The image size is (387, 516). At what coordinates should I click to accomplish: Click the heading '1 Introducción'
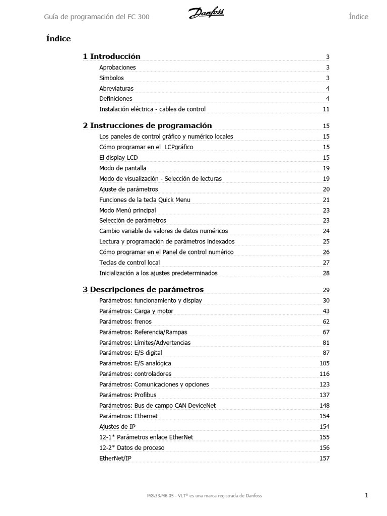111,56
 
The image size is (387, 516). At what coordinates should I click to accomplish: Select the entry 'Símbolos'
111,78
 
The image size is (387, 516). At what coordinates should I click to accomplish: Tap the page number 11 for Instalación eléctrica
326,109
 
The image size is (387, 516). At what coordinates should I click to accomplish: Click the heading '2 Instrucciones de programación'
147,125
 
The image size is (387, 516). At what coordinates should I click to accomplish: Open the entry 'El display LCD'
118,158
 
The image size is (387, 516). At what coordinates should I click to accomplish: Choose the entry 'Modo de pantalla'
122,168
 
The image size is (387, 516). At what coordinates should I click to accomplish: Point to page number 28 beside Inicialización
326,274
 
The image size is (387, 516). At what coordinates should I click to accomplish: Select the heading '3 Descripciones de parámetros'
143,290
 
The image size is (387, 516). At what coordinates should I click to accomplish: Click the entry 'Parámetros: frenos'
125,321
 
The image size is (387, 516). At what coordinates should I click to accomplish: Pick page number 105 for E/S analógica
325,363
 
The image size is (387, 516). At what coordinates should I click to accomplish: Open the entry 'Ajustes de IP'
117,427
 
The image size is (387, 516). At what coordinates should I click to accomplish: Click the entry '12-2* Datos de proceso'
132,448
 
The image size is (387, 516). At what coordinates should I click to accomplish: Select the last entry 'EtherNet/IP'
115,459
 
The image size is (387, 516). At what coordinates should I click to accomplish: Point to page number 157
325,459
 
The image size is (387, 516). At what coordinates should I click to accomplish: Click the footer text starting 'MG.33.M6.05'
204,496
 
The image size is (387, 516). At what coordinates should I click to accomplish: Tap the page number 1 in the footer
366,495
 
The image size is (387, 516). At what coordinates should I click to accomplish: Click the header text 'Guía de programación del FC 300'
97,17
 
